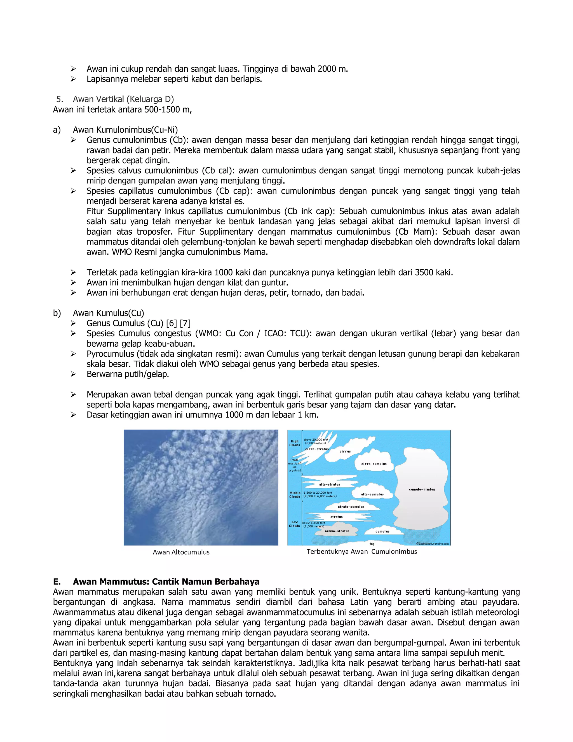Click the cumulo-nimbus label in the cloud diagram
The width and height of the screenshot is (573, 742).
pos(422,489)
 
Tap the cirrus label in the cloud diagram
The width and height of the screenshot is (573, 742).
pos(345,452)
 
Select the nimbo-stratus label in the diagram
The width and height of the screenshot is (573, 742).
pos(337,531)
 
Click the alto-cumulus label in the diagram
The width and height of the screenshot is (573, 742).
pos(372,494)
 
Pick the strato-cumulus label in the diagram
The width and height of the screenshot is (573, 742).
pos(351,507)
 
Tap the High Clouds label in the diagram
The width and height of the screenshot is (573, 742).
pos(295,443)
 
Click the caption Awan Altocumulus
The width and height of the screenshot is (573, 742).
pos(181,552)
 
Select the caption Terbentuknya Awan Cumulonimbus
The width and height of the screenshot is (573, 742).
pos(361,551)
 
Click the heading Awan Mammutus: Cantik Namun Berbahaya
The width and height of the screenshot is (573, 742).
pos(166,582)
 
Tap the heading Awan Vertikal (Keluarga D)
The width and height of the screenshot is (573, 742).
pos(123,99)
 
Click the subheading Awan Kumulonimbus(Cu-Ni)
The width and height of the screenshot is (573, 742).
pos(125,130)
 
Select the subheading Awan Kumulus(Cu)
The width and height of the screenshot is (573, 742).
pos(108,313)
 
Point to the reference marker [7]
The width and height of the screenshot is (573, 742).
pos(185,323)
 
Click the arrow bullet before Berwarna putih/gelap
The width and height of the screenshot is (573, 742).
pos(73,374)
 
